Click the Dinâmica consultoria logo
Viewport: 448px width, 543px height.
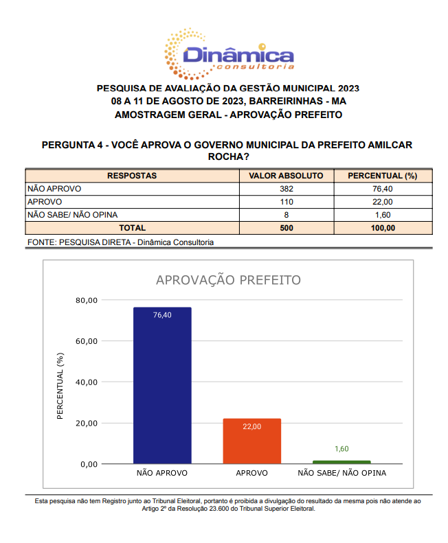click(228, 51)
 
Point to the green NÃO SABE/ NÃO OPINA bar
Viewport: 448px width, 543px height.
click(341, 462)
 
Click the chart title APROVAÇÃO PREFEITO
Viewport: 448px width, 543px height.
click(228, 280)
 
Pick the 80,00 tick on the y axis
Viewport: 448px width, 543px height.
click(88, 300)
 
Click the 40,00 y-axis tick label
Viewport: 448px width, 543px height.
click(88, 382)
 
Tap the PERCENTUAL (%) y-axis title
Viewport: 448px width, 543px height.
click(60, 386)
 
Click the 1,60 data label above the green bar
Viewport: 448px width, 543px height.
click(341, 449)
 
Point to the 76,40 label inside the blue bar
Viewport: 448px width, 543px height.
click(162, 315)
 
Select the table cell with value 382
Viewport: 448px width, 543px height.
click(287, 189)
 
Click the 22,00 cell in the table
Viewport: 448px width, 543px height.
click(382, 202)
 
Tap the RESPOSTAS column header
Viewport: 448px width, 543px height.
click(132, 176)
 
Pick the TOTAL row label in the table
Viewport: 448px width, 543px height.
click(132, 228)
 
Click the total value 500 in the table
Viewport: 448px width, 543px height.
click(287, 228)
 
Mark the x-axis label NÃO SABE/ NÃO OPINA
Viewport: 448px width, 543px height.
click(341, 474)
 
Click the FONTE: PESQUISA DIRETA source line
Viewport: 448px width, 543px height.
click(120, 242)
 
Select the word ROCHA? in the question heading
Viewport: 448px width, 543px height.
click(228, 157)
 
